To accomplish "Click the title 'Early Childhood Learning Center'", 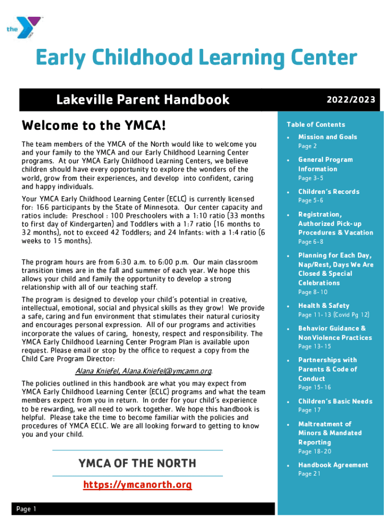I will click(x=196, y=59).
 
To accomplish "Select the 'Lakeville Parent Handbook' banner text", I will click(x=143, y=99).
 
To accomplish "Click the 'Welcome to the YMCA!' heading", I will click(x=94, y=125).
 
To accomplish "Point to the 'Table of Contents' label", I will click(x=316, y=125).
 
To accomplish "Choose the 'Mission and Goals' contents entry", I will click(x=327, y=137).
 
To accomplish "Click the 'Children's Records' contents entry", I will click(x=328, y=192).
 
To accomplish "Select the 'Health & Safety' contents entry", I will click(x=324, y=306).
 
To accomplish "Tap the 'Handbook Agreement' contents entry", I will click(x=333, y=465).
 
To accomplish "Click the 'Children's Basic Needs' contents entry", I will click(x=335, y=401).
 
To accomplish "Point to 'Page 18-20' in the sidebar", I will click(x=315, y=451).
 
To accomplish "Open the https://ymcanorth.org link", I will click(x=137, y=485).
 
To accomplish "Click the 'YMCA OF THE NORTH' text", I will click(x=137, y=463).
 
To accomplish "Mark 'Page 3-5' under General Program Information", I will click(x=311, y=178).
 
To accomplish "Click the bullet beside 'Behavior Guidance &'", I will click(x=289, y=329).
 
